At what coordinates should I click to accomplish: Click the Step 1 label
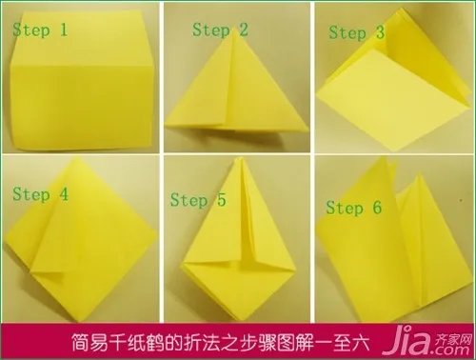click(x=40, y=30)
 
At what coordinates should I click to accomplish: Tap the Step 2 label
click(x=220, y=30)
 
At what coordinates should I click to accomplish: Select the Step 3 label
click(x=357, y=32)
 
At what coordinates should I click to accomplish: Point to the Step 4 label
click(x=40, y=194)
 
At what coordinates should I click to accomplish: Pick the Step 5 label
click(x=198, y=200)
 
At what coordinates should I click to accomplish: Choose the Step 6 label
click(x=354, y=207)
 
